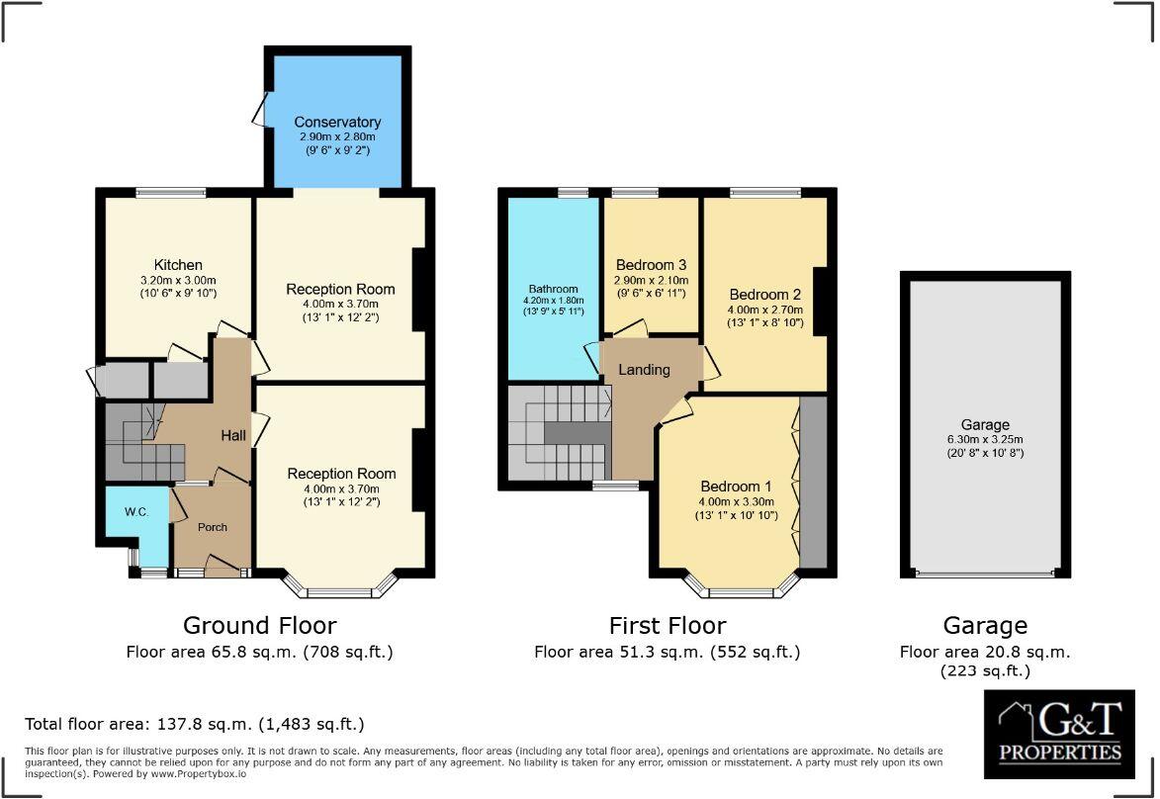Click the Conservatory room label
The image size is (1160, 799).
[x=337, y=123]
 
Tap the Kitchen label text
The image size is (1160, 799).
[x=178, y=265]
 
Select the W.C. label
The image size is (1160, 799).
[x=135, y=512]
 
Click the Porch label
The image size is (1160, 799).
[x=212, y=527]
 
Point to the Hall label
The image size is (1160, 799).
[x=232, y=436]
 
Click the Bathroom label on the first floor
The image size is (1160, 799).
[x=552, y=290]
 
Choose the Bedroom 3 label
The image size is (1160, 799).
[x=651, y=265]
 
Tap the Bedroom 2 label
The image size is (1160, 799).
[x=764, y=295]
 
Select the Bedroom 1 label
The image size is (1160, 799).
[x=737, y=487]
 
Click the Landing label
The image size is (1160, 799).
[x=644, y=370]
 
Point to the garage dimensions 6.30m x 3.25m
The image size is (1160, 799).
[x=985, y=440]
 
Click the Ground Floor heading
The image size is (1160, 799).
[x=259, y=625]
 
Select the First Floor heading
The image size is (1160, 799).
[x=667, y=625]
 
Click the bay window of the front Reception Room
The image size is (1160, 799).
[x=340, y=591]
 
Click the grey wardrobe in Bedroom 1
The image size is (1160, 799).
[x=812, y=482]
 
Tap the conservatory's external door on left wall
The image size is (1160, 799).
[x=260, y=108]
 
